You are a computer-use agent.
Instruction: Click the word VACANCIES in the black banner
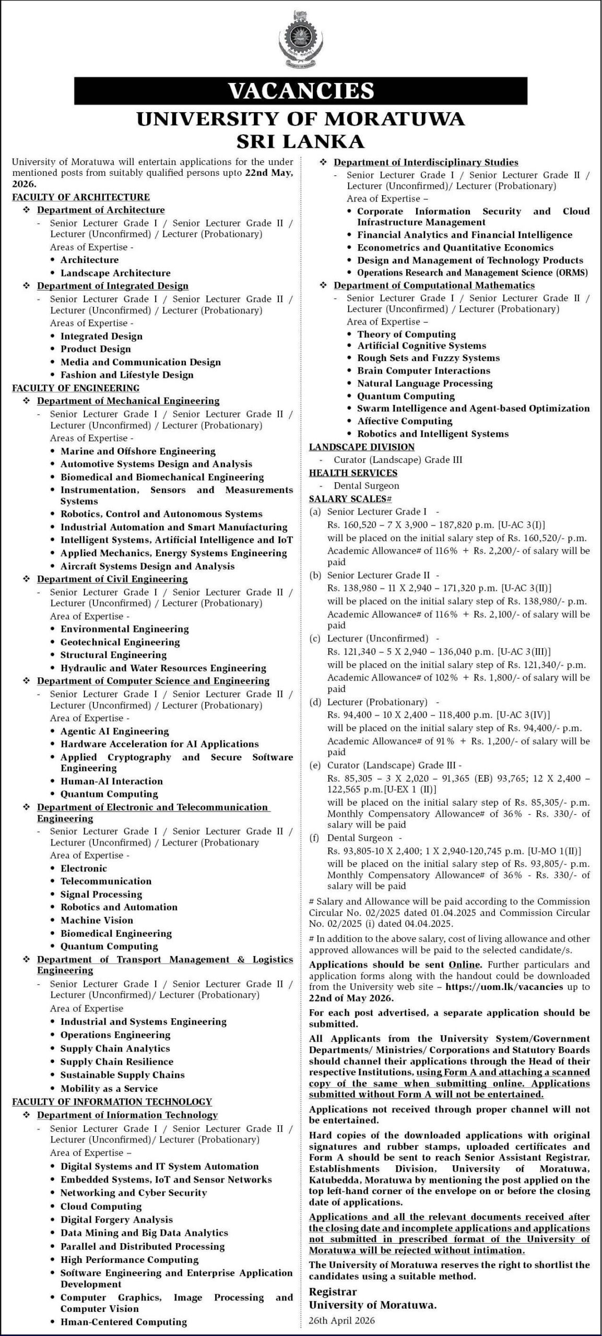(x=301, y=90)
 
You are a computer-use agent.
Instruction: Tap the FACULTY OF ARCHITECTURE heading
(x=81, y=197)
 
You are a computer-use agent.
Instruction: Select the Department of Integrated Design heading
(x=112, y=286)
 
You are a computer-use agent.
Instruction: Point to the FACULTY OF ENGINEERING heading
(x=76, y=388)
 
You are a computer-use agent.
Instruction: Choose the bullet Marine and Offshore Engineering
(x=138, y=451)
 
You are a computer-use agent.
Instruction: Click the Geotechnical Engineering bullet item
(x=120, y=642)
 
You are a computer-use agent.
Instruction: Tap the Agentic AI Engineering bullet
(x=115, y=731)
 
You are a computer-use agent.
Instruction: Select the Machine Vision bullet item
(x=97, y=920)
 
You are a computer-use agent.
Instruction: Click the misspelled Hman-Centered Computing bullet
(x=124, y=1322)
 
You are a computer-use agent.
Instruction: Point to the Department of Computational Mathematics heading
(x=434, y=285)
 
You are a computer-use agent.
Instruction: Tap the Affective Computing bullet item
(x=405, y=421)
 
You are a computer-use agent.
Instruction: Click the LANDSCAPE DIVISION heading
(x=361, y=447)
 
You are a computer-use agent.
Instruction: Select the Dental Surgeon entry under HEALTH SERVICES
(x=366, y=486)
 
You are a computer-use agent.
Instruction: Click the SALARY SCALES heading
(x=347, y=499)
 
